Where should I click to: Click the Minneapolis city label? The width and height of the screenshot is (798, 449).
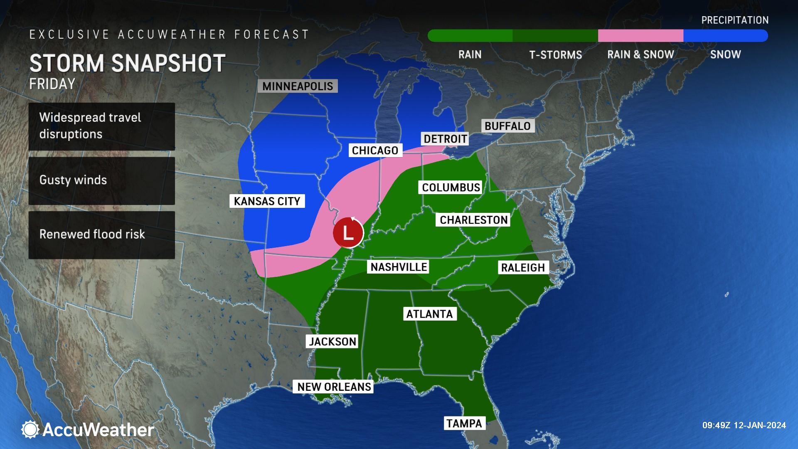(298, 86)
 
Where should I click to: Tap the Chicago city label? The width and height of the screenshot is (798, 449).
(375, 150)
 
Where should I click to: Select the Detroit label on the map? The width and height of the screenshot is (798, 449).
(445, 138)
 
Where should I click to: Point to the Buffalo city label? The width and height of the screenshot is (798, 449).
(507, 126)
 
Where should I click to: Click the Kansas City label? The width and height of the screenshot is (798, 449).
(267, 201)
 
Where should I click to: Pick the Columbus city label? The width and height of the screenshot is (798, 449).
(451, 187)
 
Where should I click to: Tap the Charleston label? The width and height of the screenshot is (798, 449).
(474, 220)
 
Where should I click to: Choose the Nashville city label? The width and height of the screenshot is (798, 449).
(399, 267)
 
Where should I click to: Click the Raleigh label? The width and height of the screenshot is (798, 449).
(523, 267)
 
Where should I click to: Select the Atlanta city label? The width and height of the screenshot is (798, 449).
(429, 314)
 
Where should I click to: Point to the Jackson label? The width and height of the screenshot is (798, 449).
(332, 341)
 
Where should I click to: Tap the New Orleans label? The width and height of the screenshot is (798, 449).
(334, 387)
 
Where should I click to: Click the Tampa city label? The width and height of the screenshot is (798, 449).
(464, 423)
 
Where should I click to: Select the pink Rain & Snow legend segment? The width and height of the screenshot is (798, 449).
(640, 36)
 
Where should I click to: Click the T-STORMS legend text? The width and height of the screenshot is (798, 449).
(555, 55)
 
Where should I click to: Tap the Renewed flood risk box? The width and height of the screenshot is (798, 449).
(101, 235)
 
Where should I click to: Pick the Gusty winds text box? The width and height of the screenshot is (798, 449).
(101, 180)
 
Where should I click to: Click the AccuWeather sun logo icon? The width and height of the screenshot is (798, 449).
(30, 429)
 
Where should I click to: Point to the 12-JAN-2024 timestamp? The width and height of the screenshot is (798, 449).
(744, 425)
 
